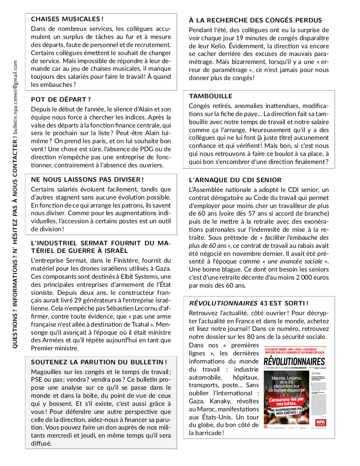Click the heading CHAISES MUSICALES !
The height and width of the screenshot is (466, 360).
(67, 19)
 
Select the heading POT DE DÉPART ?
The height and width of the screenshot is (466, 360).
(61, 100)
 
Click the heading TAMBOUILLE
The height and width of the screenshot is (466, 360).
(210, 96)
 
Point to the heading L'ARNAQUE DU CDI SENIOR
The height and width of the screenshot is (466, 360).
(235, 180)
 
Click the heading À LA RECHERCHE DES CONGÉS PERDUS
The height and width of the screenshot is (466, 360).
(255, 20)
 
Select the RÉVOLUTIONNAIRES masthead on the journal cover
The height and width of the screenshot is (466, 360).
(294, 361)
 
